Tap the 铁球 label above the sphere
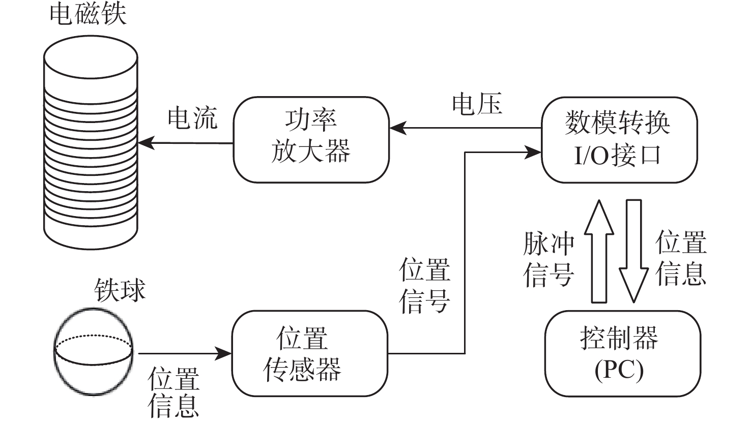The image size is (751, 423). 120,290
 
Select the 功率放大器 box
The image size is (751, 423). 311,139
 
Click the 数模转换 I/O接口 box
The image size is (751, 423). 619,139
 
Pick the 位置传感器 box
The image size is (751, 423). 309,354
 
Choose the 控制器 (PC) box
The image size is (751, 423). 619,354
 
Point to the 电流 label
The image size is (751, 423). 192,118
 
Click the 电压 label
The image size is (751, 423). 477,104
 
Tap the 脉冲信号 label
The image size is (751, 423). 548,260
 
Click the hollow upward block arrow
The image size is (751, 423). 599,251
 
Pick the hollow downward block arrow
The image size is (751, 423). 634,251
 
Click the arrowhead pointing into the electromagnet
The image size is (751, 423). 146,143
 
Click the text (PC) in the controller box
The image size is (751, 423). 619,370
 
